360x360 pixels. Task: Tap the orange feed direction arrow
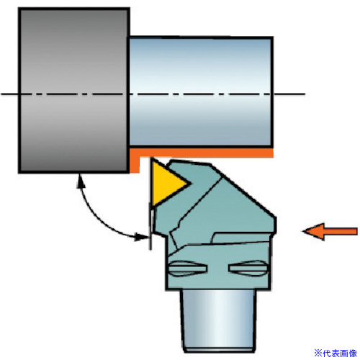[330, 231]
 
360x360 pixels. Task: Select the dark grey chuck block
[74, 90]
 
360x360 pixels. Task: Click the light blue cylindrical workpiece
[201, 91]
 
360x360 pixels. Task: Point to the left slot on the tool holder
[187, 268]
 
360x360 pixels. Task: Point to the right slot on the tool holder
[248, 268]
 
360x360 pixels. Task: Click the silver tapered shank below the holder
[218, 320]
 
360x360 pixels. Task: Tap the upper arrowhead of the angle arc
[81, 181]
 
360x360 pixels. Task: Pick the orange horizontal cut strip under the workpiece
[202, 153]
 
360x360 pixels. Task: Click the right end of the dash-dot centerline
[305, 94]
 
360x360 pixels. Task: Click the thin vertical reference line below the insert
[150, 226]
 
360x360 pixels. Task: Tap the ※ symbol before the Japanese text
[318, 354]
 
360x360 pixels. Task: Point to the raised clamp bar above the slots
[243, 238]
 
